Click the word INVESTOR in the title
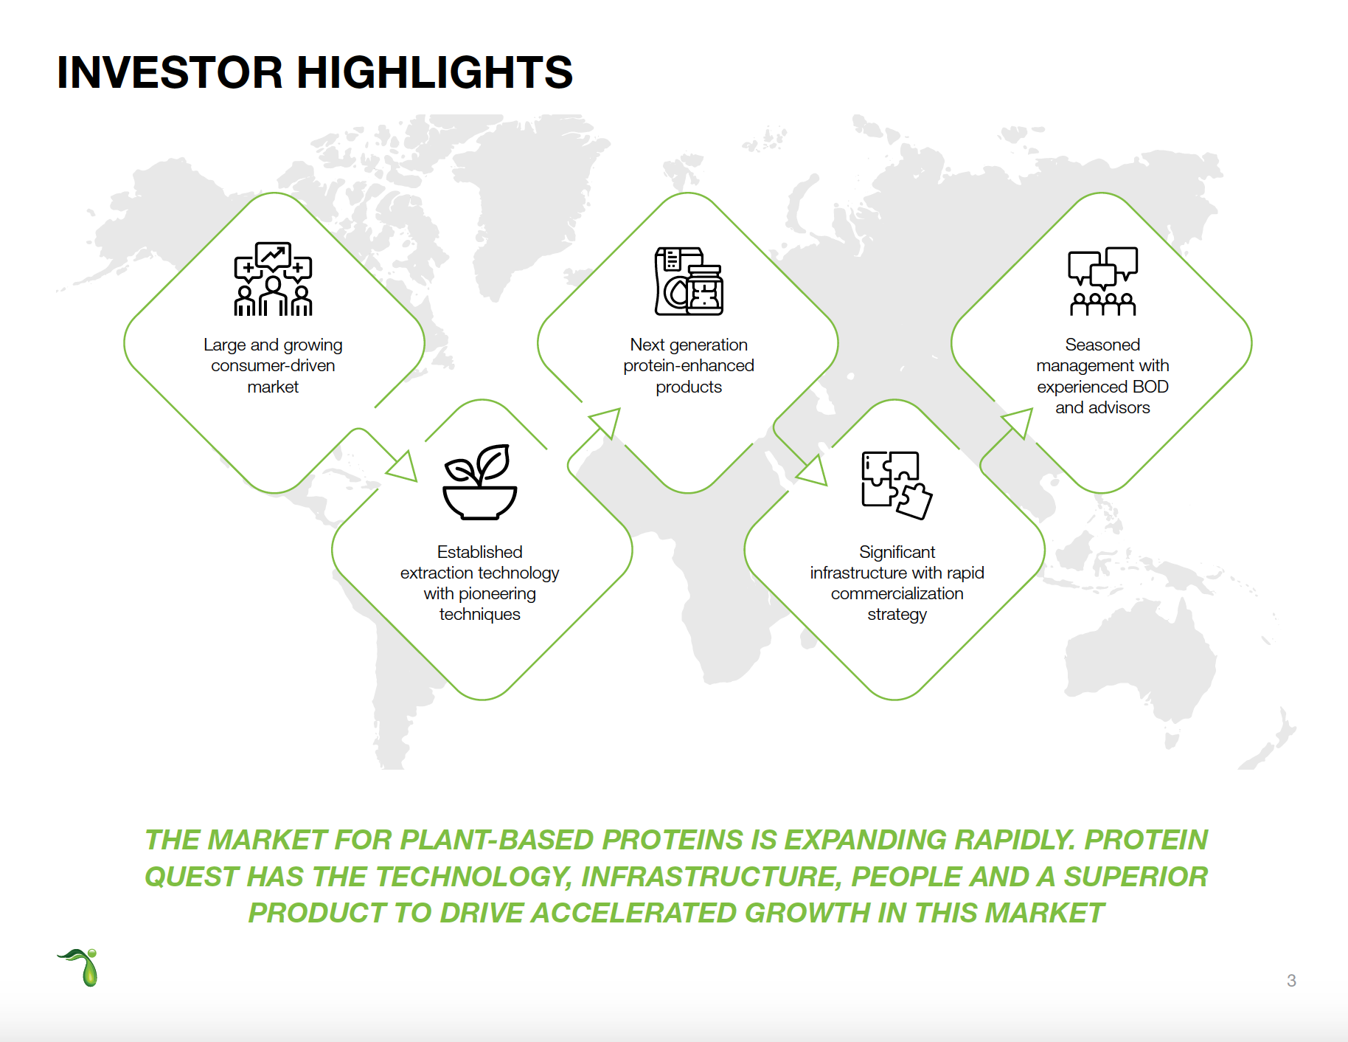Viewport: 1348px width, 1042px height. tap(170, 72)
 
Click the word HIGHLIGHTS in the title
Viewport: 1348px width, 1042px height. tap(434, 72)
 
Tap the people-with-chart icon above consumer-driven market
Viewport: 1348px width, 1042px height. tap(273, 279)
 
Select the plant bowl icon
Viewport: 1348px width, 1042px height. tap(479, 482)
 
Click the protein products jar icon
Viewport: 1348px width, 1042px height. tap(689, 281)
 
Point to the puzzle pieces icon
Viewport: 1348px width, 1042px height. tap(897, 485)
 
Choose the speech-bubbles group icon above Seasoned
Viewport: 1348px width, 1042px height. tap(1103, 281)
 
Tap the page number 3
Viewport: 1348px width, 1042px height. tap(1291, 981)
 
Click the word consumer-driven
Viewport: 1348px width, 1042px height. tap(273, 366)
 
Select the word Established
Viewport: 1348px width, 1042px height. tap(479, 552)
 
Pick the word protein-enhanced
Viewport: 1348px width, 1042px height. tap(689, 366)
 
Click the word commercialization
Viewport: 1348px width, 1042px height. tap(897, 593)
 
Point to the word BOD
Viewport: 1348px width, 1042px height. tap(1150, 387)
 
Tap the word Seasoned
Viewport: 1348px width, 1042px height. tap(1102, 345)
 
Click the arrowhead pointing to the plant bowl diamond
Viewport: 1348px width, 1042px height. tap(403, 467)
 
